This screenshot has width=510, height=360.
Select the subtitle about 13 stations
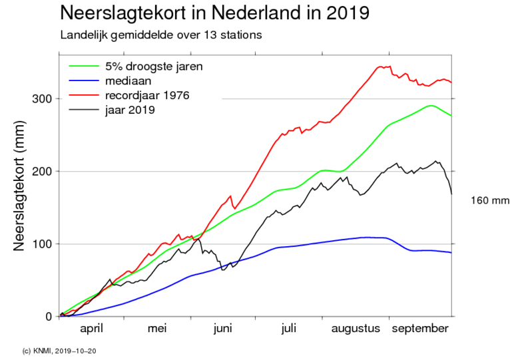[x=160, y=34]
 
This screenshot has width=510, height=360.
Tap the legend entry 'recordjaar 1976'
[x=146, y=95]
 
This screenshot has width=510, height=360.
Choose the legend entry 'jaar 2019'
[x=131, y=110]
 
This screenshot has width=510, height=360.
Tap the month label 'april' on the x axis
[x=93, y=329]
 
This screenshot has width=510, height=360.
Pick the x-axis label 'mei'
[x=158, y=329]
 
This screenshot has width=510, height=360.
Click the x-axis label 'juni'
[x=223, y=329]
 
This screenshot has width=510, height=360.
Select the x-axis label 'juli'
[x=288, y=329]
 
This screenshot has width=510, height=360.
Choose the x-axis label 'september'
[x=419, y=329]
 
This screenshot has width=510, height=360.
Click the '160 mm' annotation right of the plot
[x=489, y=200]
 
